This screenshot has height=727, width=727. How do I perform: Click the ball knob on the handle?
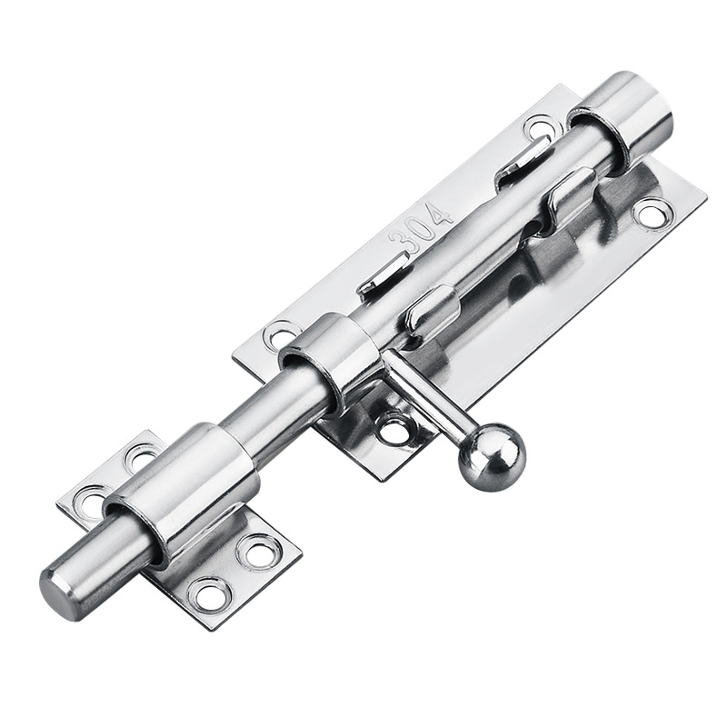coord(492,456)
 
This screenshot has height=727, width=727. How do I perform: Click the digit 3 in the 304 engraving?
coord(401,242)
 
